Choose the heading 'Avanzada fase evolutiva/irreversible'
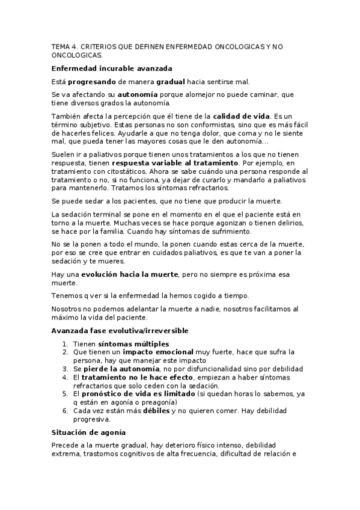click(x=120, y=331)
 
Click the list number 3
click(x=66, y=369)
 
